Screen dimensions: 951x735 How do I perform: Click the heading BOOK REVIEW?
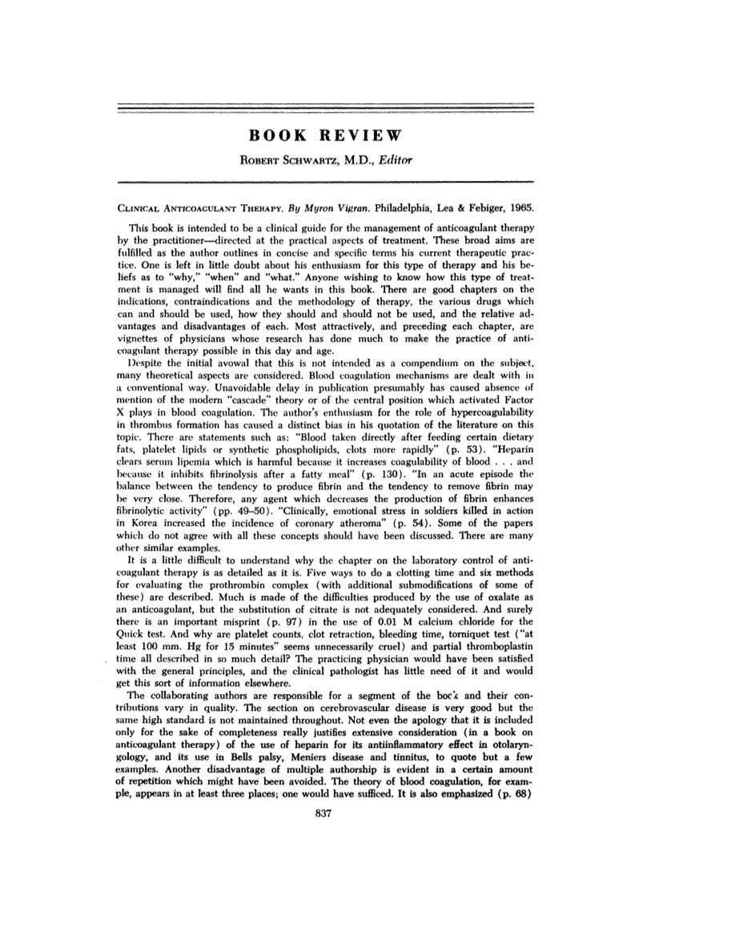click(324, 134)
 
